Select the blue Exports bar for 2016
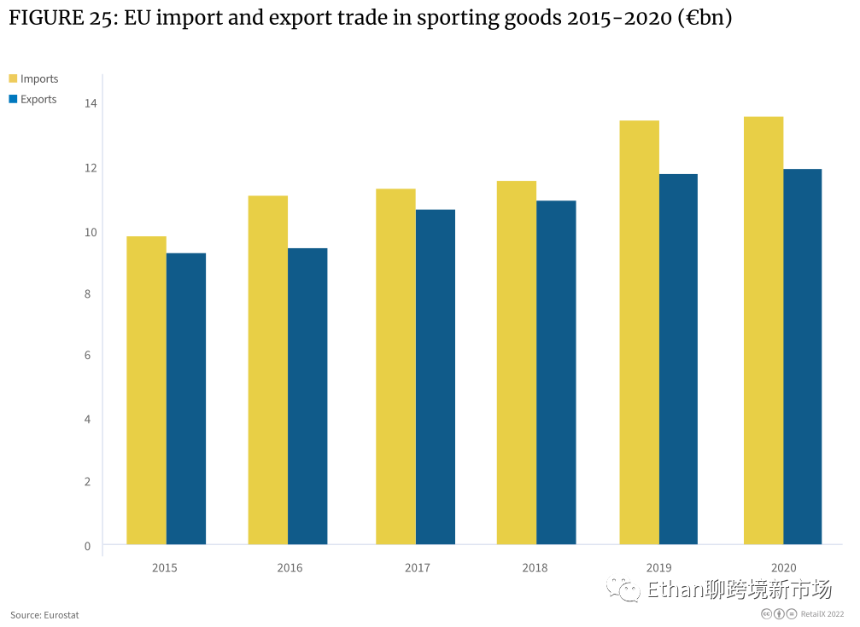point(307,396)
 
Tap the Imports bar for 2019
point(639,332)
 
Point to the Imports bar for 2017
point(395,366)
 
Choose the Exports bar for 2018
point(556,372)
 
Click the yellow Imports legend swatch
point(13,78)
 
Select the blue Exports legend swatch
point(13,99)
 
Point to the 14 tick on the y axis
point(91,103)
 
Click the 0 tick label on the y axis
point(87,546)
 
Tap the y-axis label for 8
point(87,294)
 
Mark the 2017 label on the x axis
point(417,567)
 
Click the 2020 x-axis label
point(783,567)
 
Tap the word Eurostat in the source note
point(61,615)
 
